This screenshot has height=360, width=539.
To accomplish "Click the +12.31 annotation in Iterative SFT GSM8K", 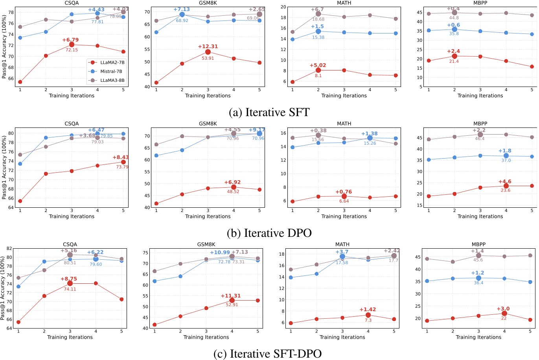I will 208,46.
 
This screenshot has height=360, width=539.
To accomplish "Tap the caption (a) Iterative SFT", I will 269,113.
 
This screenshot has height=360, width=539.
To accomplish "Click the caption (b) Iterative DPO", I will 269,233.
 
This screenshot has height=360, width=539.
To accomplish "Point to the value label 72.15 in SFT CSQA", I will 72,50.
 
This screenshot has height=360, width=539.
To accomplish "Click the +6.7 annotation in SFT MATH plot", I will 317,9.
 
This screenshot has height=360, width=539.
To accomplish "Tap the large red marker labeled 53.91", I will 208,52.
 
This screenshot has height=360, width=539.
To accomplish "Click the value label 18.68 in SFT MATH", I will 318,19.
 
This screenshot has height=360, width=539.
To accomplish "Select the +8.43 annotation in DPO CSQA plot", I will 120,157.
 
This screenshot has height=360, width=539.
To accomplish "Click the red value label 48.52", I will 233,192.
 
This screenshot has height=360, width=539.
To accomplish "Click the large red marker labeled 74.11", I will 70,283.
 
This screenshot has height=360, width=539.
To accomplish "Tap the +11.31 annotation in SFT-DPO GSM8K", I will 230,296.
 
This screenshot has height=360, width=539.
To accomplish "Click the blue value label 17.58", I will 342,262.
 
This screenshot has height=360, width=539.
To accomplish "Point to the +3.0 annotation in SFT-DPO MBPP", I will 503,309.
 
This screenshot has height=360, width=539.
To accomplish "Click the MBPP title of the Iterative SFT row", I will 480,3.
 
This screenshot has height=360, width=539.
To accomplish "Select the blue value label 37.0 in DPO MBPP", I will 506,161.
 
